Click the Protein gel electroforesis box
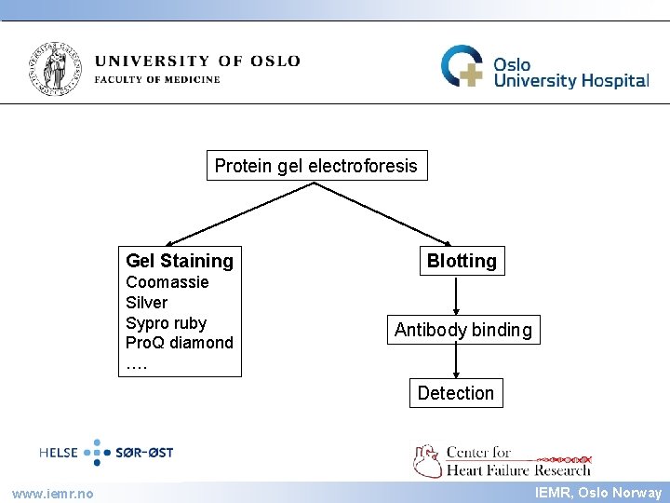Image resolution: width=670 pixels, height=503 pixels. pyautogui.click(x=316, y=167)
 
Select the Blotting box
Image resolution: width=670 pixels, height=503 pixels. pyautogui.click(x=462, y=261)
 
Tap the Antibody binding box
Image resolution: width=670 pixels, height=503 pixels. pyautogui.click(x=462, y=330)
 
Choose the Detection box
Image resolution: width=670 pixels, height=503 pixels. pyautogui.click(x=455, y=393)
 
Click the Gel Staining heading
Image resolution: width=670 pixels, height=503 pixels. pyautogui.click(x=180, y=261)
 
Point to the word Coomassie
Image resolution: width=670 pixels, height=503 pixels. pyautogui.click(x=167, y=282)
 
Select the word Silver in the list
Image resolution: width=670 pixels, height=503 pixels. pyautogui.click(x=147, y=303)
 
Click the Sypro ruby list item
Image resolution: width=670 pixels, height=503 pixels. pyautogui.click(x=167, y=323)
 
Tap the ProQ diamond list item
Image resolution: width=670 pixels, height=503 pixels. pyautogui.click(x=180, y=343)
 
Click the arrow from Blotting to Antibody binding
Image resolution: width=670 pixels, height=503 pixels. pyautogui.click(x=456, y=295)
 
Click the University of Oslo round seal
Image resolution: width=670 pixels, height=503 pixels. pyautogui.click(x=57, y=68)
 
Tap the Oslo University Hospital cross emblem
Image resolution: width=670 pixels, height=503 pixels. pyautogui.click(x=462, y=67)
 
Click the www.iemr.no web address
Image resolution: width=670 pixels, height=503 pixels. pyautogui.click(x=52, y=493)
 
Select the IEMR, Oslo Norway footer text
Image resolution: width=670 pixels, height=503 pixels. pyautogui.click(x=598, y=493)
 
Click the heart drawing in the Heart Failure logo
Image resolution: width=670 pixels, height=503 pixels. pyautogui.click(x=428, y=460)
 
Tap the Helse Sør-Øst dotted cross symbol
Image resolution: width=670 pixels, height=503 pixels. pyautogui.click(x=97, y=453)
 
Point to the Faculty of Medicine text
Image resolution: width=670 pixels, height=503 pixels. pyautogui.click(x=157, y=79)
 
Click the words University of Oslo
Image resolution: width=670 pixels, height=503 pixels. pyautogui.click(x=197, y=61)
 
